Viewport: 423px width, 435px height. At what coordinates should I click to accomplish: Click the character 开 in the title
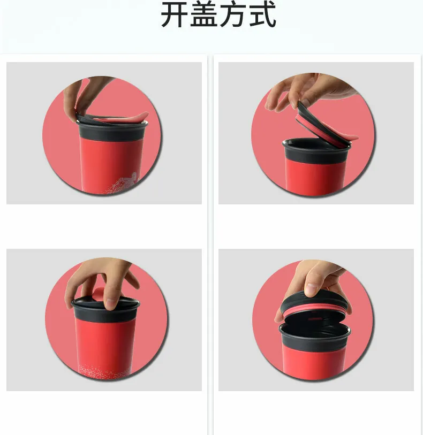175,14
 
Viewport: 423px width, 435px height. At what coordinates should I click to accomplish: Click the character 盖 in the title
203,14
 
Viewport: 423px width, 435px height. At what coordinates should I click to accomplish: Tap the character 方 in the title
232,14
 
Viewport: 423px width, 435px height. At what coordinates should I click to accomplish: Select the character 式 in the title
262,14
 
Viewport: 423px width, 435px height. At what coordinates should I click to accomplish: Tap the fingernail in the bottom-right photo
310,289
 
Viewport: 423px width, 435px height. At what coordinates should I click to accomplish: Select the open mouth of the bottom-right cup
315,329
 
